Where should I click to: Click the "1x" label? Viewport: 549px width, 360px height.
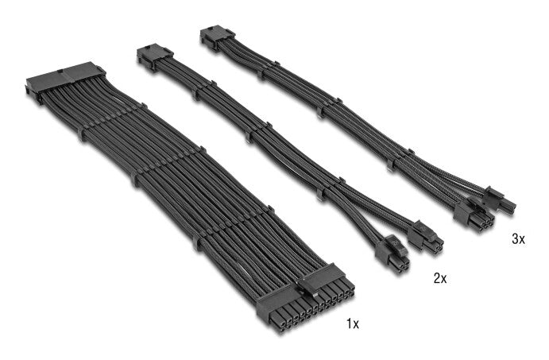pyautogui.click(x=353, y=323)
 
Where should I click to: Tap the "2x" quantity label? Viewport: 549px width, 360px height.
pyautogui.click(x=440, y=278)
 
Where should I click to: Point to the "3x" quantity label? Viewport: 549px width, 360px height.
pyautogui.click(x=518, y=239)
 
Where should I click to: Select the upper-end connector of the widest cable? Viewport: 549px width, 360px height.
pyautogui.click(x=65, y=79)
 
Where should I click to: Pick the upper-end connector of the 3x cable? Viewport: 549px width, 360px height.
pyautogui.click(x=217, y=37)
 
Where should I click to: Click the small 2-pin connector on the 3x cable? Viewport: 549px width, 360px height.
pyautogui.click(x=501, y=200)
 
